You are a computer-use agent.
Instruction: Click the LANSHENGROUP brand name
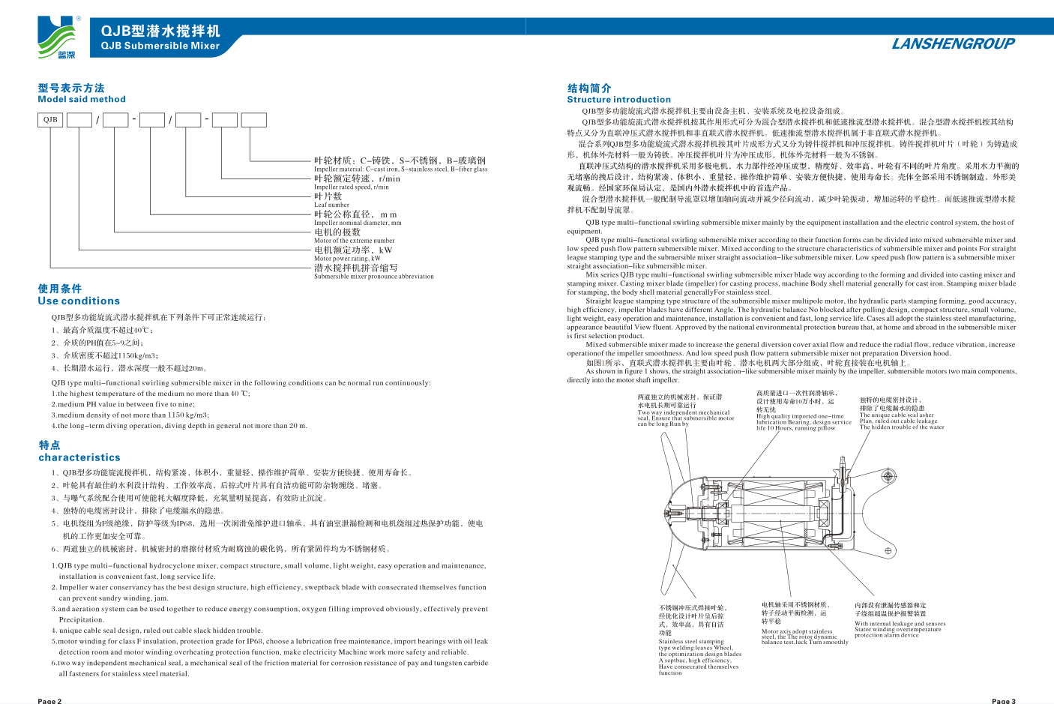952,43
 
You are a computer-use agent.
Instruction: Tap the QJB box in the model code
50,120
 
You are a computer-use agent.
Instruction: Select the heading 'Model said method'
82,99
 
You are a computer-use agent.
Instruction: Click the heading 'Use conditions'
79,301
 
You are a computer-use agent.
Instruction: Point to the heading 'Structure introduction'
618,99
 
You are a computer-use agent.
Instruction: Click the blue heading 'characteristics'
79,457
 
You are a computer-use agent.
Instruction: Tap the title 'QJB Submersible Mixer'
160,46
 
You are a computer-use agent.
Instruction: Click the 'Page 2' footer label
49,700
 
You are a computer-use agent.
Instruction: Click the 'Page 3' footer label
1003,700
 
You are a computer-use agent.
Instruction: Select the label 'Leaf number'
331,205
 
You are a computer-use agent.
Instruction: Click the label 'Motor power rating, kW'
347,259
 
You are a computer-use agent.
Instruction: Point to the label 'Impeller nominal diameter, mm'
358,223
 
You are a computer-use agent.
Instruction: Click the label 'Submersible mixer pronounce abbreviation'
373,277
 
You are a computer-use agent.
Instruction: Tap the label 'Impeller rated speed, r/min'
351,187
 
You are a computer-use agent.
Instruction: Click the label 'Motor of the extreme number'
354,241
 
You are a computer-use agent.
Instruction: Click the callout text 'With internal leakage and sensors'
900,624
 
